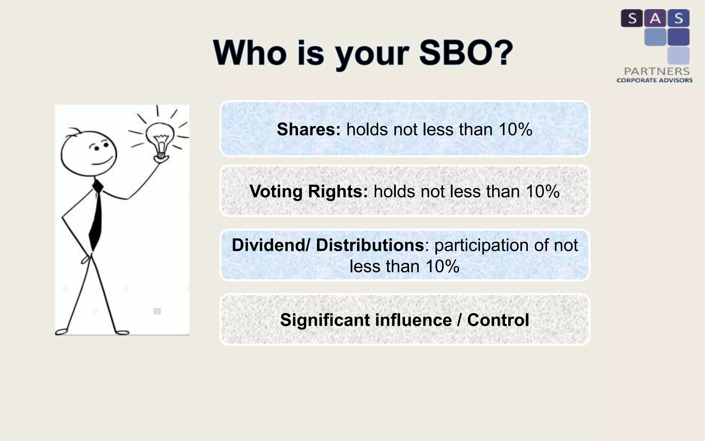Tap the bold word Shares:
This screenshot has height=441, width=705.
tap(308, 130)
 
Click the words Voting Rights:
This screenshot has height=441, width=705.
tap(308, 192)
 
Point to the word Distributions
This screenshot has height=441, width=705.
tap(370, 245)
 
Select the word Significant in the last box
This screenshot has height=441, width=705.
tap(325, 320)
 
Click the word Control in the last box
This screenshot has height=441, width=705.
tap(498, 320)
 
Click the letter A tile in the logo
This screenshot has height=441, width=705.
tap(655, 18)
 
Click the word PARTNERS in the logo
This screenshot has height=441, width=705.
tap(656, 71)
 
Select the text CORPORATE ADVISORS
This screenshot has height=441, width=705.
tap(654, 80)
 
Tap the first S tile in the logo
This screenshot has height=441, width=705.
tap(632, 18)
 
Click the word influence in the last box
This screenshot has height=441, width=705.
tap(413, 320)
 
